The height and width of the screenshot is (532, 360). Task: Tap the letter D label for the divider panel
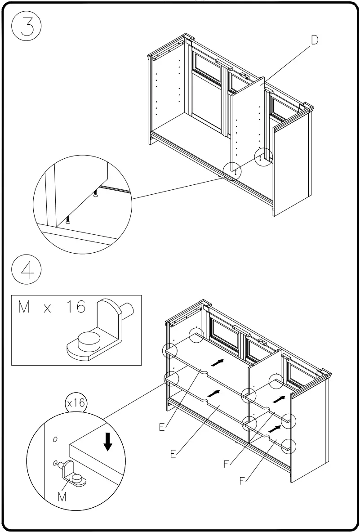pyautogui.click(x=314, y=40)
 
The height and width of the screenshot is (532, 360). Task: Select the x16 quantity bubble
pyautogui.click(x=76, y=403)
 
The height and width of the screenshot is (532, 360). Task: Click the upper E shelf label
pyautogui.click(x=161, y=427)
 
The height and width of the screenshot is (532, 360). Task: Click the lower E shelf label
pyautogui.click(x=173, y=454)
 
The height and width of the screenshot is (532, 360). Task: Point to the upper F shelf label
pyautogui.click(x=227, y=464)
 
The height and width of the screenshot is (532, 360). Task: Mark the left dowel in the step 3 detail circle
pyautogui.click(x=67, y=220)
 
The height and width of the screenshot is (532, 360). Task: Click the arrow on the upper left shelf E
pyautogui.click(x=218, y=362)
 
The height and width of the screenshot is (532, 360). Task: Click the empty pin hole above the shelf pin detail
pyautogui.click(x=55, y=438)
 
